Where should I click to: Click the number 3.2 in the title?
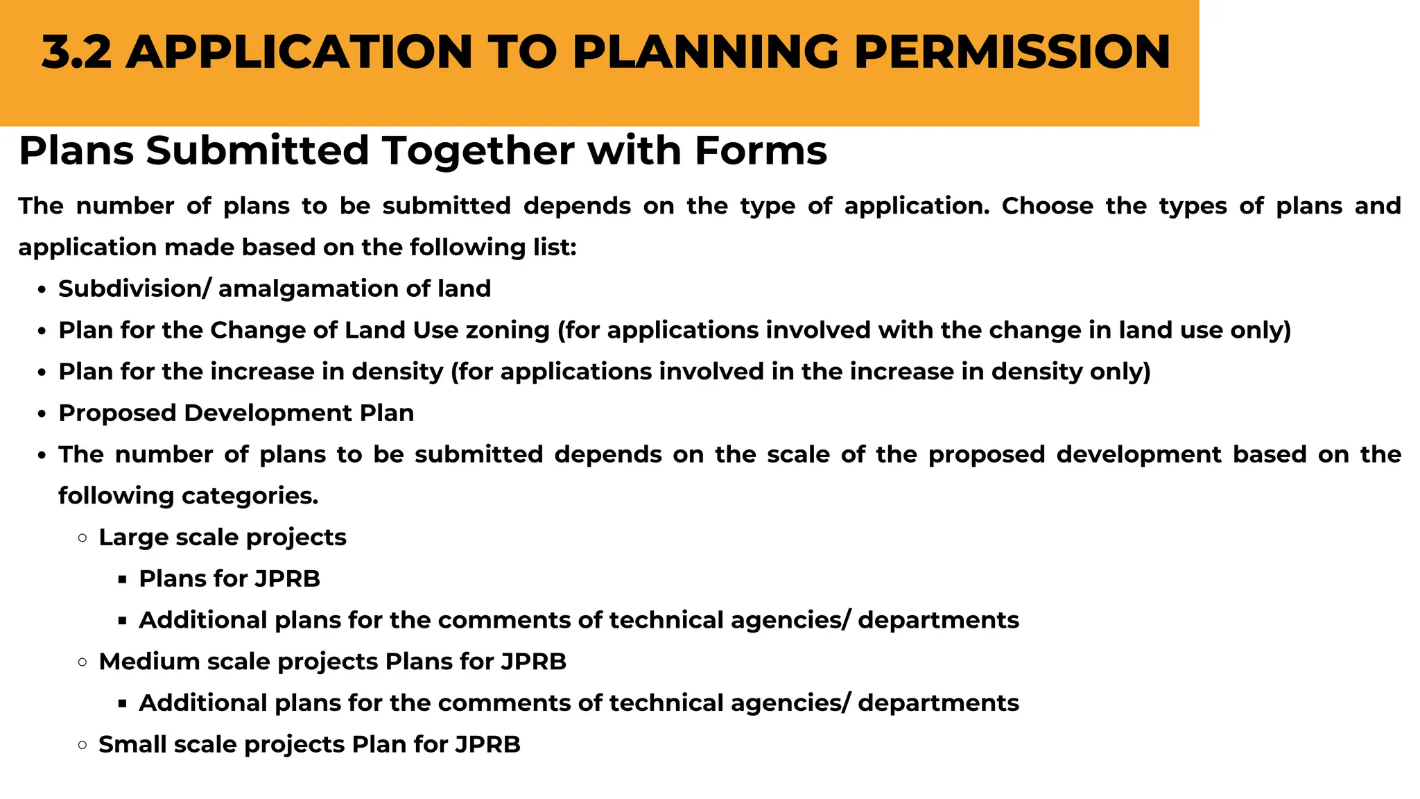point(76,53)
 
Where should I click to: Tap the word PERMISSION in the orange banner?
point(1012,53)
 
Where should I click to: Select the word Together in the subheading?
point(479,151)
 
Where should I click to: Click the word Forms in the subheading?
point(761,151)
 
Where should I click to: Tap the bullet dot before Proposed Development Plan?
point(42,414)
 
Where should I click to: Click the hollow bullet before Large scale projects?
point(83,538)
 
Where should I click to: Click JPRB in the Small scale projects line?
point(487,744)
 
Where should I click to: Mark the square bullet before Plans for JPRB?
point(123,579)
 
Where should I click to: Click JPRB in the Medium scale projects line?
point(533,662)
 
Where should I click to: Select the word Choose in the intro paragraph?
point(1047,206)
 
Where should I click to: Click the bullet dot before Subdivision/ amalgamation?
point(42,290)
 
